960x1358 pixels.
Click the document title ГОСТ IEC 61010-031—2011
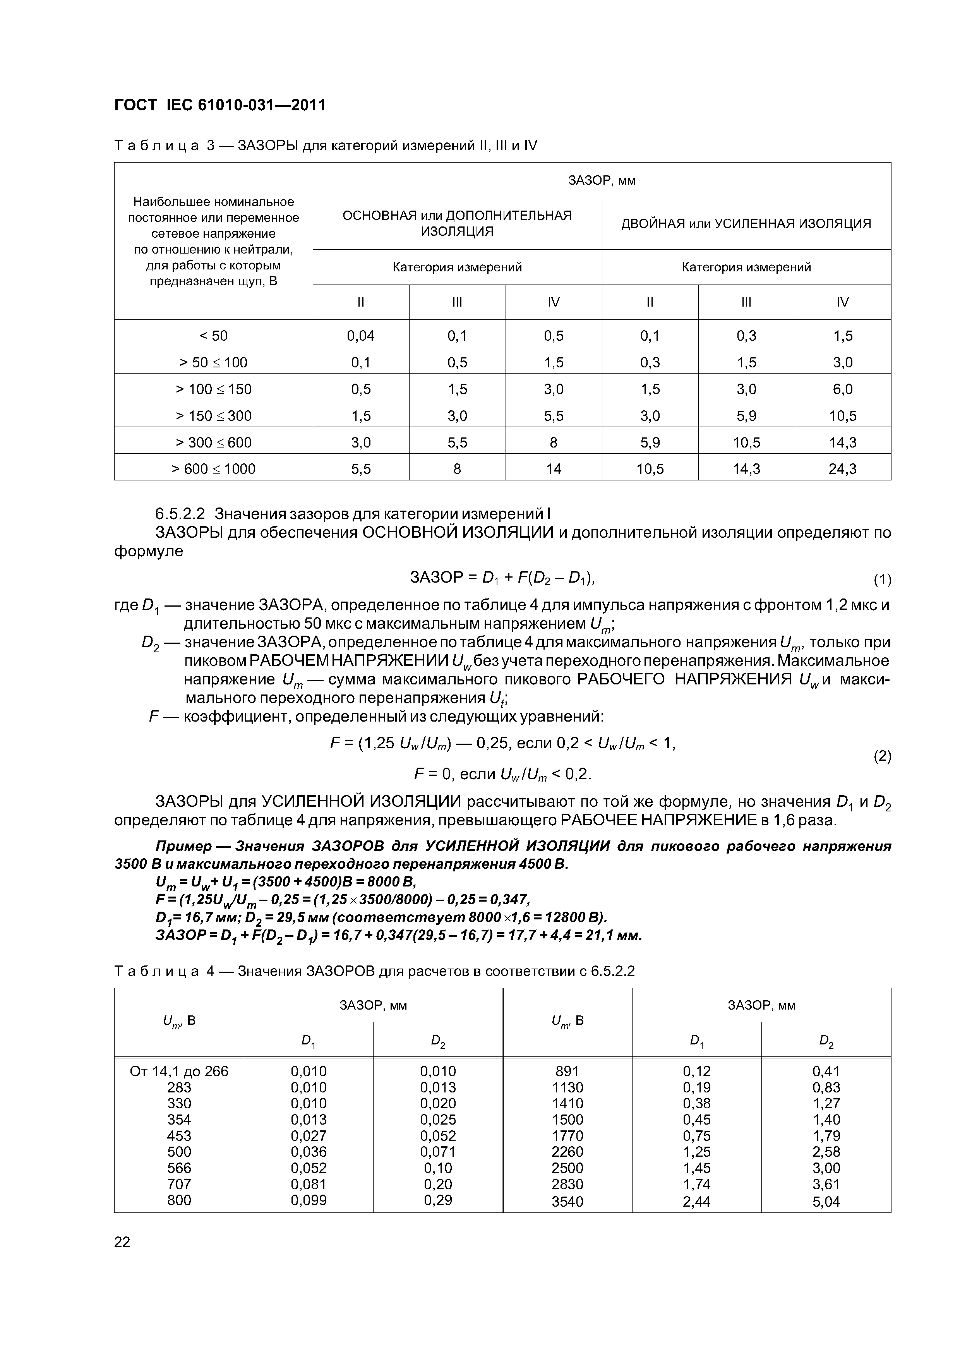pos(219,105)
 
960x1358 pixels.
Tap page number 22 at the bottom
pos(122,1242)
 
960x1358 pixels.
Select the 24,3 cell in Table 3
pos(842,469)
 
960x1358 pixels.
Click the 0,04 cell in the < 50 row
pos(360,336)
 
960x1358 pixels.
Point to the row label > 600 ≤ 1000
pos(214,469)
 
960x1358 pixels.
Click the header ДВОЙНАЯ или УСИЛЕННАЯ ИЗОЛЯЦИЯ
pos(746,224)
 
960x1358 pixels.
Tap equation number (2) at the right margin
pos(882,756)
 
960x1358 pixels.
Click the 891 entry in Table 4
pos(567,1071)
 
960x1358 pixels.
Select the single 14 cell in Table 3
pos(553,469)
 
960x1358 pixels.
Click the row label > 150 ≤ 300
pos(214,416)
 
